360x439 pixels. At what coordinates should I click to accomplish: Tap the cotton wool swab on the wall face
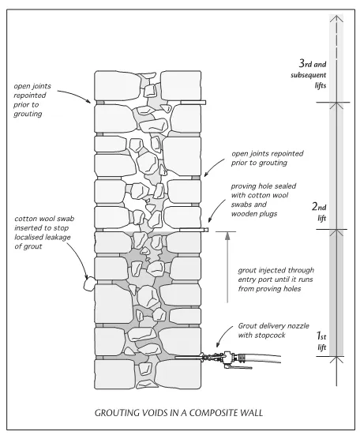click(x=89, y=284)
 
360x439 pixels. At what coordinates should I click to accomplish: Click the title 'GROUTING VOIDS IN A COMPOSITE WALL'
click(x=178, y=413)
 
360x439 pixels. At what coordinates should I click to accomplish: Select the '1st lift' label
click(x=321, y=341)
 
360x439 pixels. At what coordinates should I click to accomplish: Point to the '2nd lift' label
click(x=320, y=212)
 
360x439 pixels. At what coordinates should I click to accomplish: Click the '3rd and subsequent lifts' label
click(x=309, y=74)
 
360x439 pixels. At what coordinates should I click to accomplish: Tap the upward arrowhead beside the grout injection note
click(x=227, y=236)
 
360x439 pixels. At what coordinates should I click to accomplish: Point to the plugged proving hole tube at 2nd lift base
click(x=193, y=230)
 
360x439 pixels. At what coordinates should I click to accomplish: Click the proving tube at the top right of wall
click(x=193, y=103)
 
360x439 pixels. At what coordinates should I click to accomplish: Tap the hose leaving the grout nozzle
click(x=262, y=358)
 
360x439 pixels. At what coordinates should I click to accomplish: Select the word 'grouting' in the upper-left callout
click(x=28, y=114)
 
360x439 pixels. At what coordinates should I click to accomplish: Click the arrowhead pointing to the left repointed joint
click(x=88, y=101)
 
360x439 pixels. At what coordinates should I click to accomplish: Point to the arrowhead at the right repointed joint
click(x=206, y=174)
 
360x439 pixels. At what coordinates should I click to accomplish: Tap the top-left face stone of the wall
click(x=118, y=85)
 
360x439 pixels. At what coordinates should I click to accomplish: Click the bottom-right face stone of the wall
click(x=178, y=374)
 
